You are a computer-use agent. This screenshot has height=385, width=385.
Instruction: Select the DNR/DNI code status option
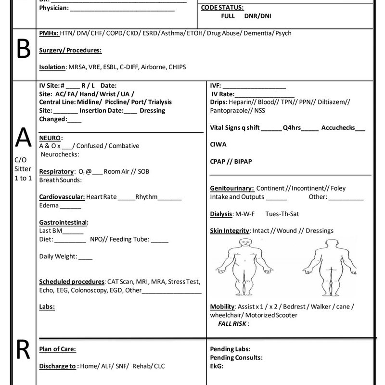coord(257,16)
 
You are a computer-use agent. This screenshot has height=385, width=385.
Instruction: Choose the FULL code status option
coord(228,16)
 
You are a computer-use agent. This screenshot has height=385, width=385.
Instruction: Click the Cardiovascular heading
coord(62,197)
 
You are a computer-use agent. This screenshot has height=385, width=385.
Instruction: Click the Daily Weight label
coord(58,256)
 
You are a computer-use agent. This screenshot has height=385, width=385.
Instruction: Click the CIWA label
coord(218,144)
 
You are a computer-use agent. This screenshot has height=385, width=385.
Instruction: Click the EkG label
coord(217,366)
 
